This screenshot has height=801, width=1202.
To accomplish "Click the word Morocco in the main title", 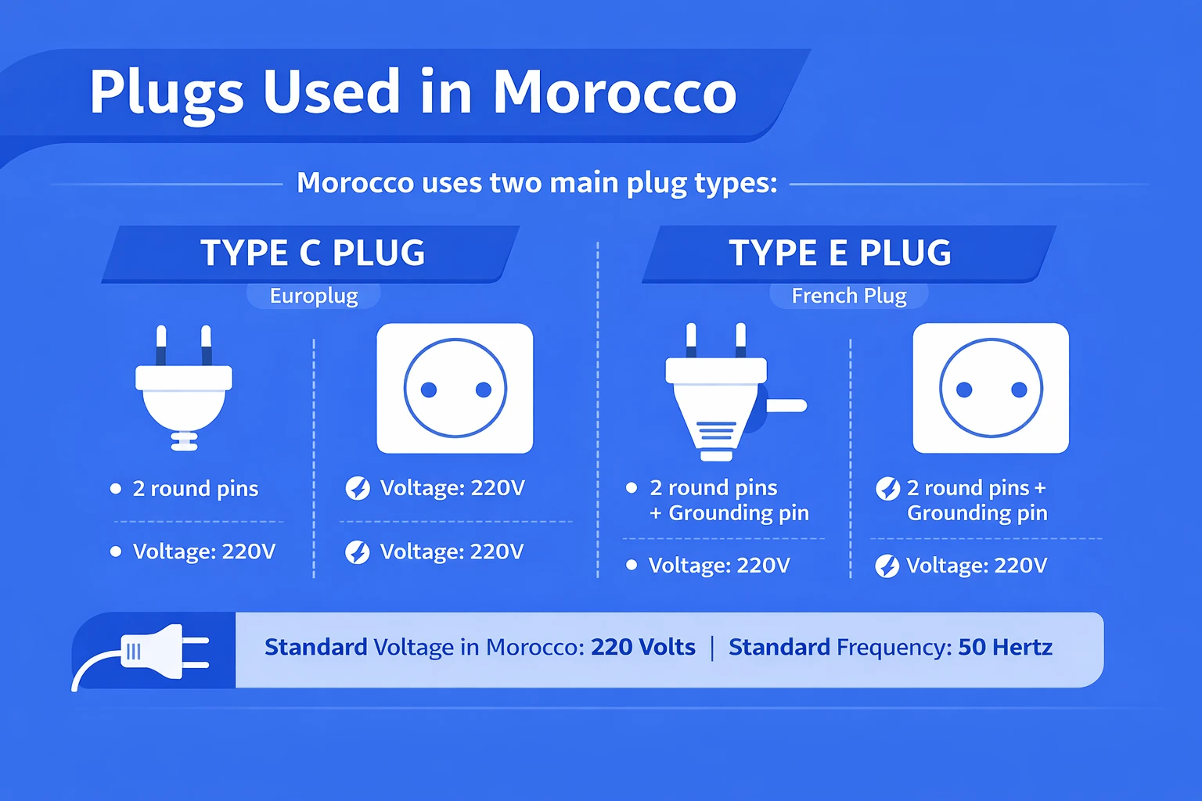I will (x=614, y=92).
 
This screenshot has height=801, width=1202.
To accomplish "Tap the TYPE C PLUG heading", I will (x=312, y=253).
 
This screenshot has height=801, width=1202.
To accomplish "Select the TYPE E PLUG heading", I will (x=840, y=253).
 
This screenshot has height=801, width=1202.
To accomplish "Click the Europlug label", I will (x=314, y=296).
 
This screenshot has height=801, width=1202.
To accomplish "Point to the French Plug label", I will (x=849, y=296).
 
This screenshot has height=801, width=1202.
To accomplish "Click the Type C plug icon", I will (x=184, y=395).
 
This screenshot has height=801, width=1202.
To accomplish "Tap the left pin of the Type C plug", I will (x=161, y=344).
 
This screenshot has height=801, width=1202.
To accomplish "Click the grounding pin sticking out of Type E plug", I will (x=786, y=405).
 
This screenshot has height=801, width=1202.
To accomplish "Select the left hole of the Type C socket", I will (x=429, y=390).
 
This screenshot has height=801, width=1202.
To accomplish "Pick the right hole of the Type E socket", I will (x=1019, y=390).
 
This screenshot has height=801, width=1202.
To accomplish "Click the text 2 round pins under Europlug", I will (x=196, y=489).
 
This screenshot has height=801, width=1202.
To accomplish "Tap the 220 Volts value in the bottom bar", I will (x=642, y=648).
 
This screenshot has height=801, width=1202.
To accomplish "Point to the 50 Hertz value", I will (x=1005, y=648).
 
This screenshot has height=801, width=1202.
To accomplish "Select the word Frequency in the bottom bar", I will (x=894, y=648).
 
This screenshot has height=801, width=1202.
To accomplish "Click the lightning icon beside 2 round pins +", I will (x=887, y=489).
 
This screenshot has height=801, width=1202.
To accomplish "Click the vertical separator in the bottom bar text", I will (x=712, y=648).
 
